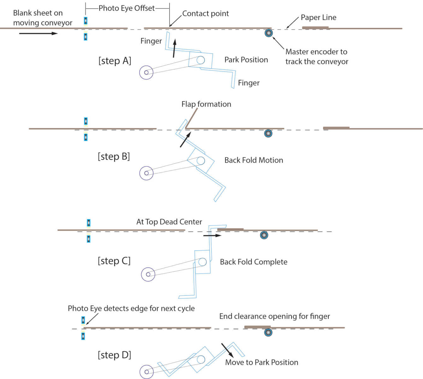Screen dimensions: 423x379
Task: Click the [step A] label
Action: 115,61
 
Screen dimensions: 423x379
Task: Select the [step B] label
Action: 114,157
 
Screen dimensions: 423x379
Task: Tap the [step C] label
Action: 114,261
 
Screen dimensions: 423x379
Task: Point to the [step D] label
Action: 115,355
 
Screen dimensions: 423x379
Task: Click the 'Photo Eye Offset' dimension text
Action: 126,8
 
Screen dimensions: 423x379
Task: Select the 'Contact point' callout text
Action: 205,13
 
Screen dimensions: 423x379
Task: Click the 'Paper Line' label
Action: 319,17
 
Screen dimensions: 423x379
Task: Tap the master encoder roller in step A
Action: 269,33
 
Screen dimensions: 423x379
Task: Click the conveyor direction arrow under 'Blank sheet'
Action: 38,33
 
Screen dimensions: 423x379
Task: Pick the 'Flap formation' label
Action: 206,104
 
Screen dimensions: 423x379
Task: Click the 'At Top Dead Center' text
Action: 169,222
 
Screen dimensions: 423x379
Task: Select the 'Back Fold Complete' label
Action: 254,262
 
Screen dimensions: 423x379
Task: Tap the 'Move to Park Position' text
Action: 261,362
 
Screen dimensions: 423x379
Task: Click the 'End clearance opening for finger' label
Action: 274,316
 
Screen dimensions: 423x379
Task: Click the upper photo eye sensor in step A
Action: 85,21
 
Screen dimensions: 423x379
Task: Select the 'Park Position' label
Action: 246,60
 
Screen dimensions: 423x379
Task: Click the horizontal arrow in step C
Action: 212,236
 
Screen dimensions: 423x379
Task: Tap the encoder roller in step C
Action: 264,235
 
